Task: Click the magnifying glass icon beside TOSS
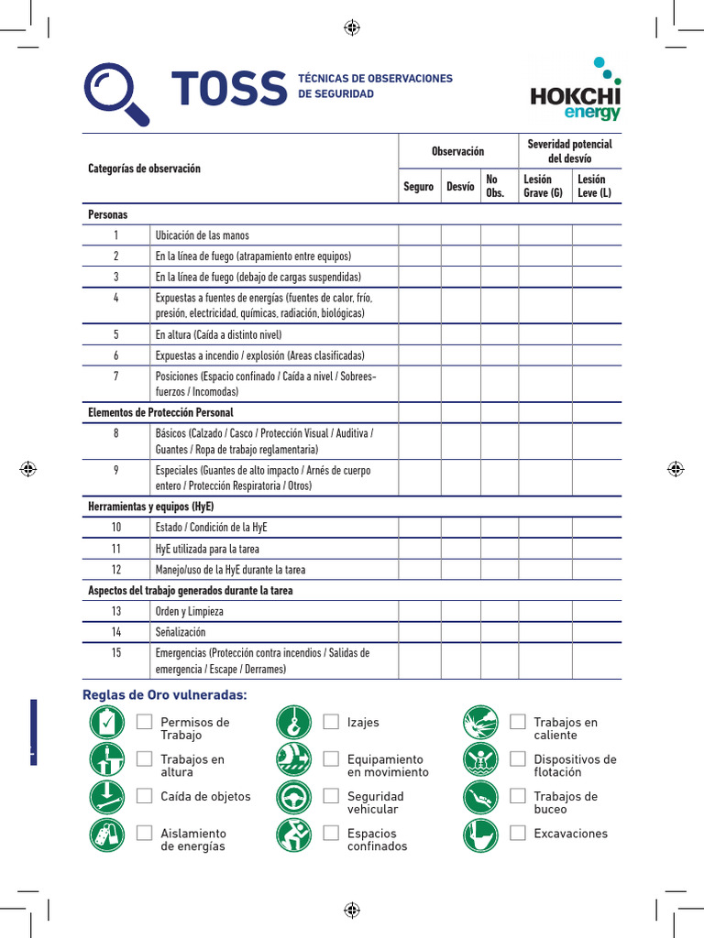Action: pyautogui.click(x=116, y=93)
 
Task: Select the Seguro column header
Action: pyautogui.click(x=418, y=187)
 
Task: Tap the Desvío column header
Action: pyautogui.click(x=460, y=187)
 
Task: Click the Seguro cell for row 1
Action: pyautogui.click(x=419, y=235)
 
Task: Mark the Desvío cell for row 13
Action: pyautogui.click(x=460, y=611)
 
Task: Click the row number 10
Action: pyautogui.click(x=116, y=528)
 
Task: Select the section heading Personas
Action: pyautogui.click(x=108, y=214)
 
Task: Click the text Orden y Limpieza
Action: pyautogui.click(x=190, y=611)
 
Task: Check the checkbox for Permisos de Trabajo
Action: pyautogui.click(x=144, y=722)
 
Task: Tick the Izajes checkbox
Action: pyautogui.click(x=331, y=722)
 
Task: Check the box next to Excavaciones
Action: pyautogui.click(x=518, y=833)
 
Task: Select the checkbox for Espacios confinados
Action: pyautogui.click(x=331, y=833)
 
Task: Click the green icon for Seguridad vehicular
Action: pyautogui.click(x=294, y=798)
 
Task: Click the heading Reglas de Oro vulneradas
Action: pyautogui.click(x=165, y=695)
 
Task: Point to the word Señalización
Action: pyautogui.click(x=181, y=632)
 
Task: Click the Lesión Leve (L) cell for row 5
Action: pyautogui.click(x=597, y=335)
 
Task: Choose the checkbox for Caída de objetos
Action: pyautogui.click(x=144, y=796)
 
